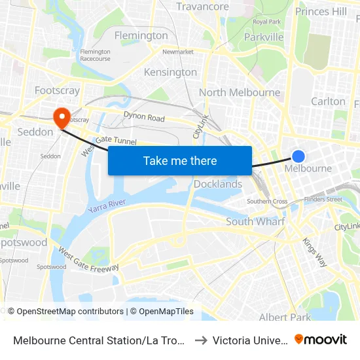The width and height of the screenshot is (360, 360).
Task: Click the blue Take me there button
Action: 180,160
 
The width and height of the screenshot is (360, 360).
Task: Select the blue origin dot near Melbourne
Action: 298,156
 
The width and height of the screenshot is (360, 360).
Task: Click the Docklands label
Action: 218,184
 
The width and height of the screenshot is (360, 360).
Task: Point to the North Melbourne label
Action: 240,92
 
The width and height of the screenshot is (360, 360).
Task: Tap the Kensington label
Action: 170,72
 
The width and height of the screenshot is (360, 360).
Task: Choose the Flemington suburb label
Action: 141,35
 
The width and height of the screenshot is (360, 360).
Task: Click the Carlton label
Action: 328,101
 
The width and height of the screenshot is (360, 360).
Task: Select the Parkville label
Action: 264,37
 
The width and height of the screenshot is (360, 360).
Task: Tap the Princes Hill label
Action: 321,11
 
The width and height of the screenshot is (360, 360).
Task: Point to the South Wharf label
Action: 255,221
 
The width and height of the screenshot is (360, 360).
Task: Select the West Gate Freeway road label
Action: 88,259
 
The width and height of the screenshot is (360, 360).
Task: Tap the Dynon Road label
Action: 144,117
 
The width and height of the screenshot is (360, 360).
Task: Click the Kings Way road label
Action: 315,252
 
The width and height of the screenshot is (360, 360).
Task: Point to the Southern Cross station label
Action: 267,201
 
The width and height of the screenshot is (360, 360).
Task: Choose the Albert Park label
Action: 285,317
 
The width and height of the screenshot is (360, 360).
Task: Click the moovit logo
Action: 321,339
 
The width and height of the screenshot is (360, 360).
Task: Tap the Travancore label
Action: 203,7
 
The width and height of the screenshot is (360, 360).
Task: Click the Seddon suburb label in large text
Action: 35,132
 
